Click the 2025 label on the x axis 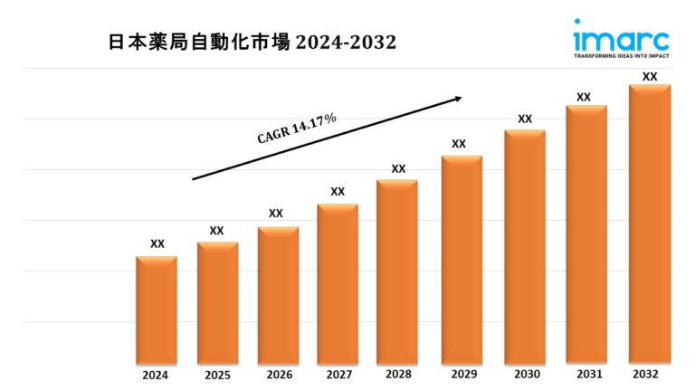pos(217,374)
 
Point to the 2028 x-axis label pos(398,374)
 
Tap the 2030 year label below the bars pos(525,374)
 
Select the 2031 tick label pos(586,374)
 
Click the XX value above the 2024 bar pos(157,243)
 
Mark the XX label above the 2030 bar pos(525,119)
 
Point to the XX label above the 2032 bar pos(650,77)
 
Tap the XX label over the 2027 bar pos(338,192)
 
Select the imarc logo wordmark pos(621,41)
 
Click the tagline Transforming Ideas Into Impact pos(621,56)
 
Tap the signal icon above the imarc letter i pos(576,24)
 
